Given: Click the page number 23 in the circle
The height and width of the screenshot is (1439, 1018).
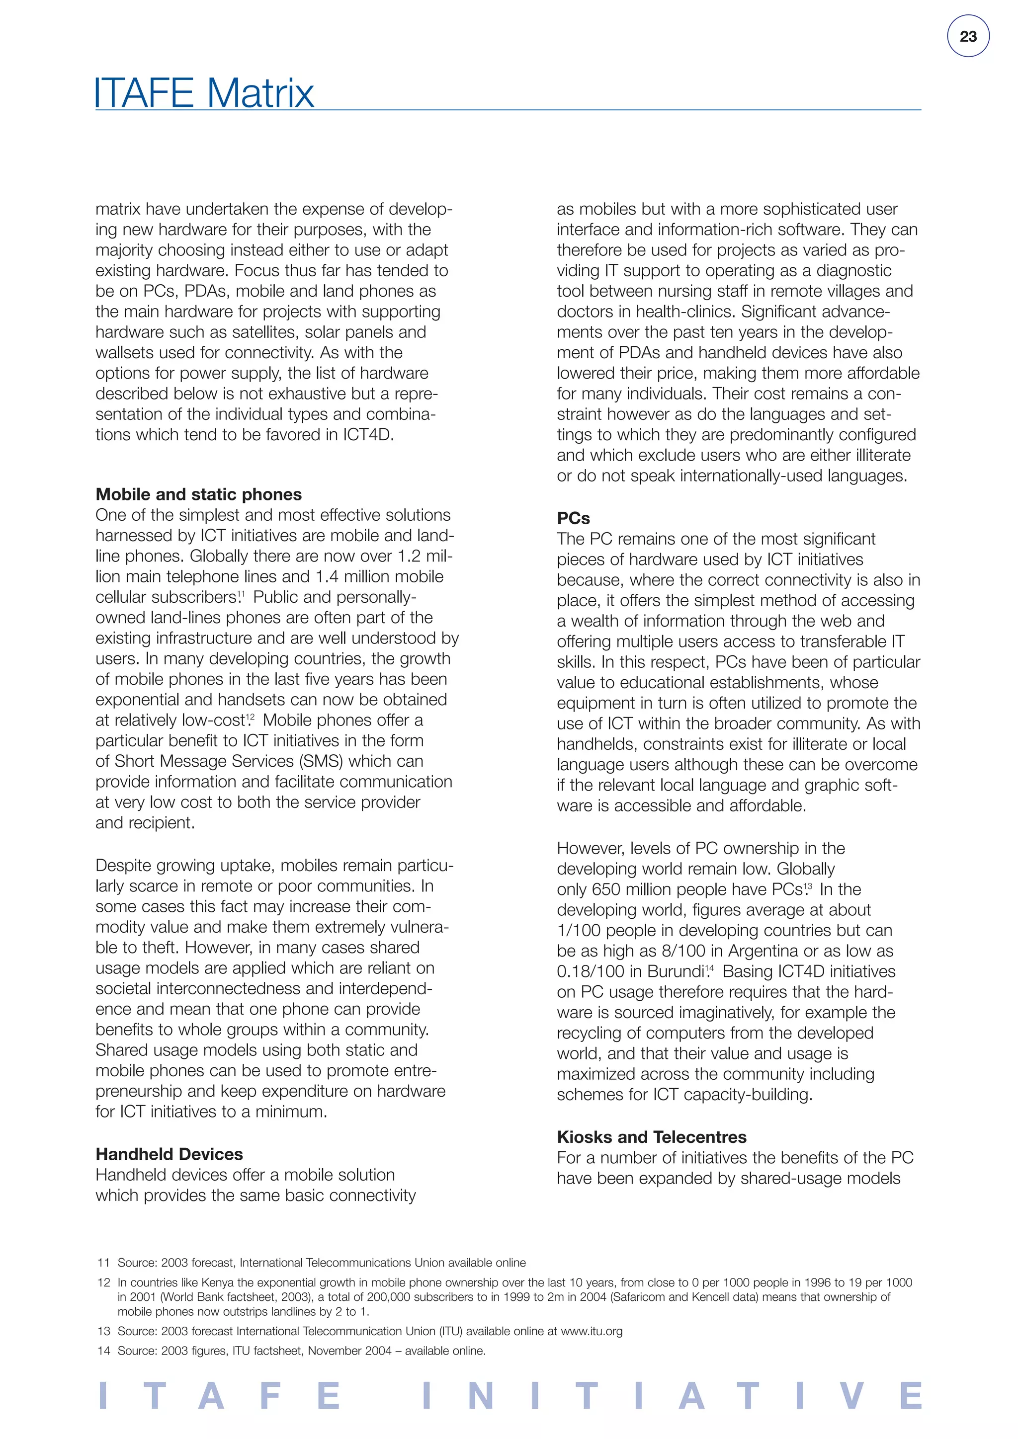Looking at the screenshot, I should click(x=968, y=36).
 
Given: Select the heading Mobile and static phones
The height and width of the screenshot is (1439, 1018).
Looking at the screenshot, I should click(x=199, y=494).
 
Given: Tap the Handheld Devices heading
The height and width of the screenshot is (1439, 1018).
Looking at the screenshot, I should click(x=169, y=1154).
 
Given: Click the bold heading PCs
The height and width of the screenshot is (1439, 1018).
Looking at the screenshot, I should click(x=574, y=518).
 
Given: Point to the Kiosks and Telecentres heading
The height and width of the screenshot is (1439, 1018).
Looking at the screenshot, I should click(x=652, y=1137).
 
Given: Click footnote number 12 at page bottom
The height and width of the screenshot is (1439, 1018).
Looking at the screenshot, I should click(x=104, y=1282).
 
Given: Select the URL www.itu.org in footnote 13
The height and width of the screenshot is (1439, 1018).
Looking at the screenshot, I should click(x=592, y=1331).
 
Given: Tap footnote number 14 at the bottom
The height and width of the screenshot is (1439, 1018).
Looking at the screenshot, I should click(x=104, y=1351).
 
